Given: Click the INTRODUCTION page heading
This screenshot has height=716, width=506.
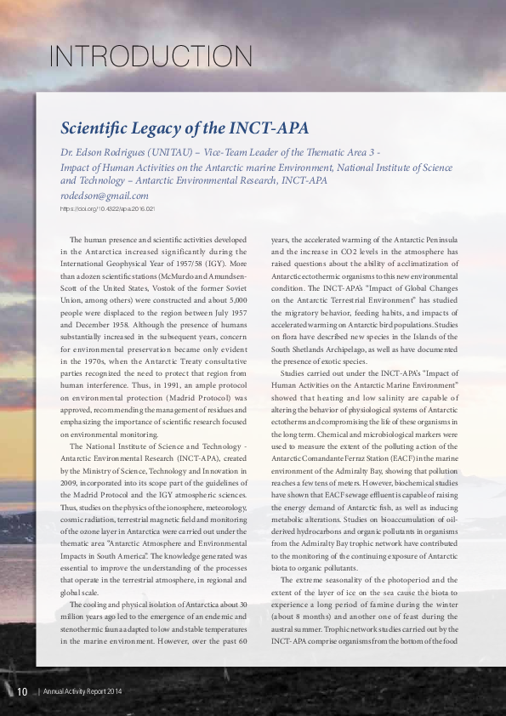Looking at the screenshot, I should [151, 57].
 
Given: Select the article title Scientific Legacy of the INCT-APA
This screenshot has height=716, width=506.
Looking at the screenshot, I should [184, 128].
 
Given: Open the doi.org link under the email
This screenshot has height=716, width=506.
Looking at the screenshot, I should [107, 208].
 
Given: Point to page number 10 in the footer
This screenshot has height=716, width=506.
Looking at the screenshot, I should [23, 691].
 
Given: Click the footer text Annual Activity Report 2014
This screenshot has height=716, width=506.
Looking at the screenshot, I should [83, 692].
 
